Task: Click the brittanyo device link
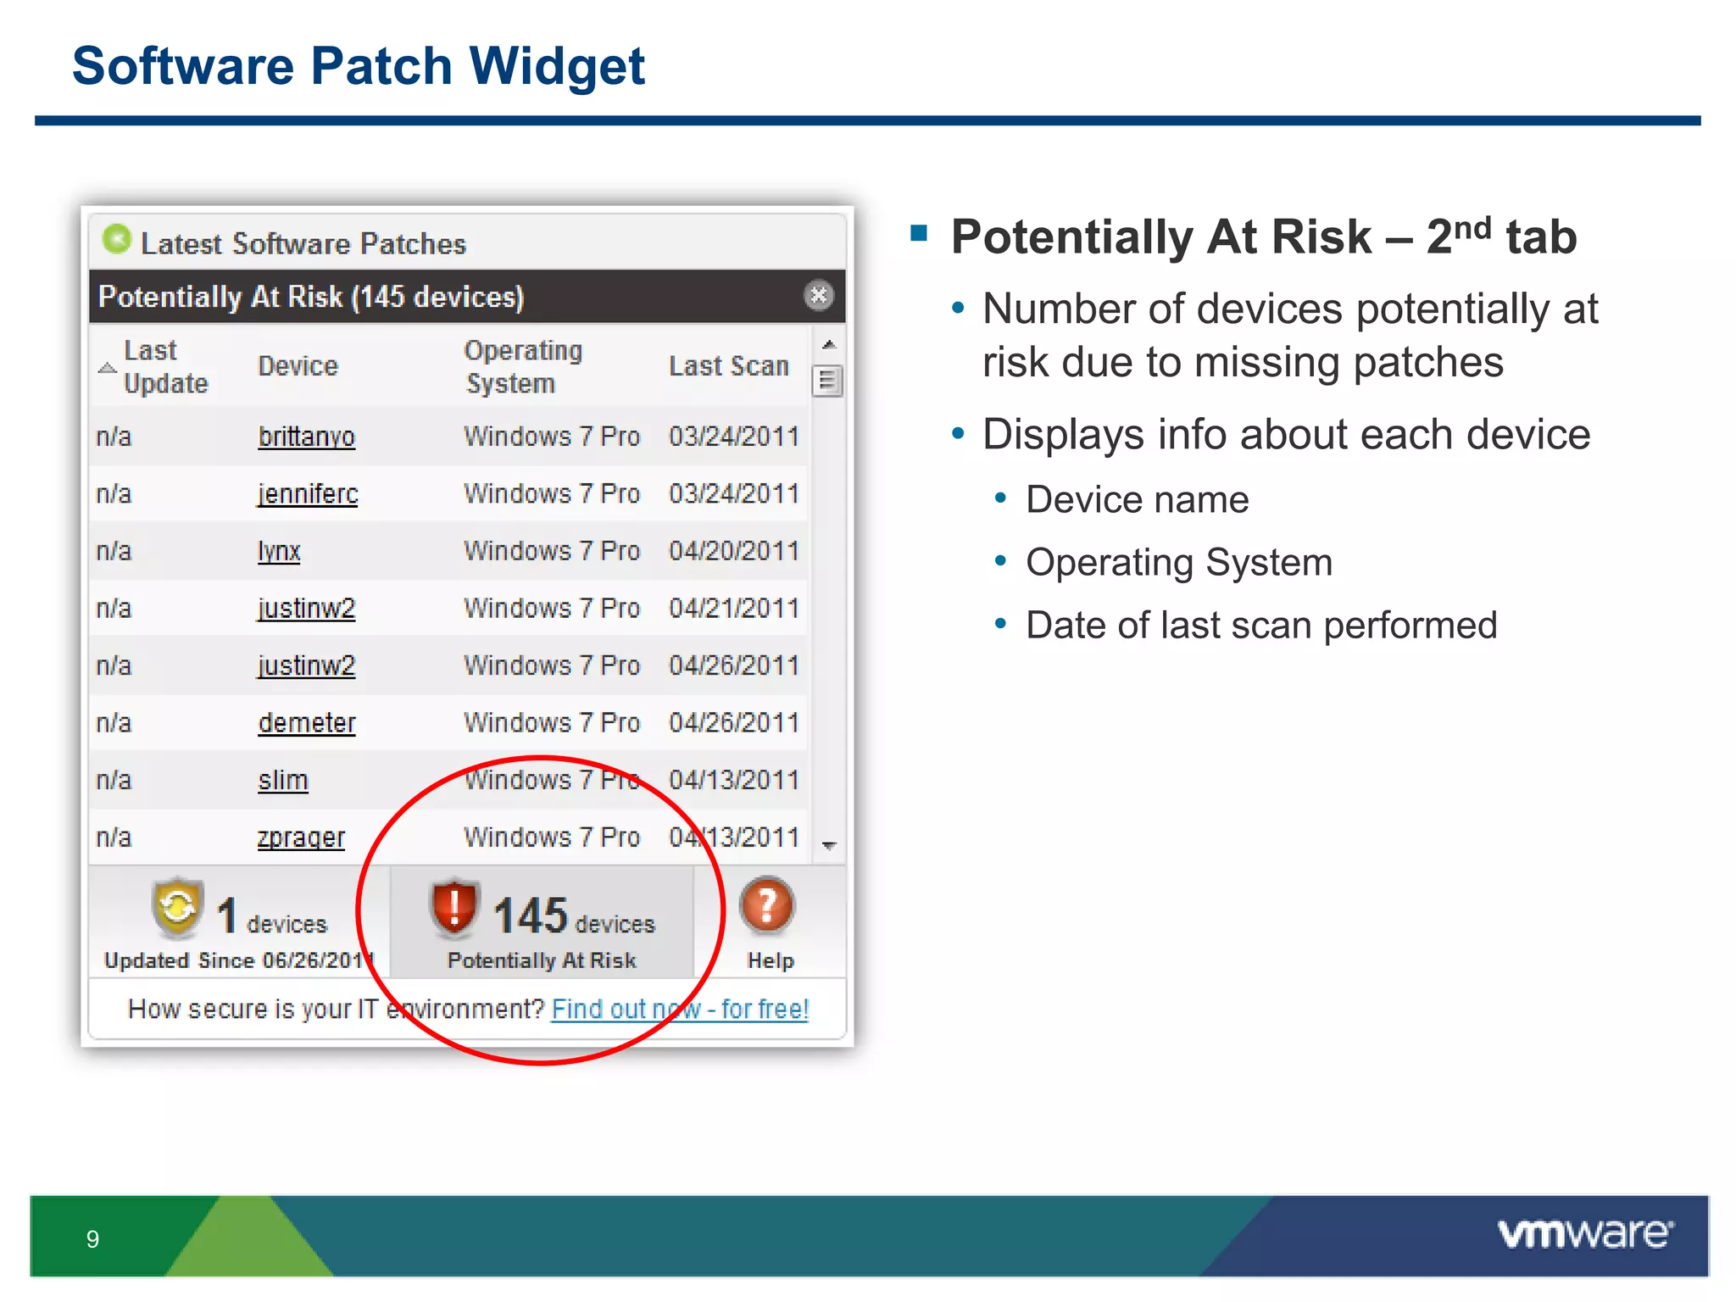(x=306, y=437)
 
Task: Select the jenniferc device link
(x=308, y=493)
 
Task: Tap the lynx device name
(x=279, y=551)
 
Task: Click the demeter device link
(x=307, y=723)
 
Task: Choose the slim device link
(x=283, y=780)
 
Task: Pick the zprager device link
(x=301, y=837)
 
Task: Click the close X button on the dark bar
(x=818, y=296)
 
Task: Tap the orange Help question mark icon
(x=767, y=906)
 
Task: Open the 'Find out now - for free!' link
(x=680, y=1009)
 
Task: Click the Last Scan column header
(x=729, y=366)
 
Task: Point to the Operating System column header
(x=523, y=366)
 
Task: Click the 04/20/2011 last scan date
(x=734, y=551)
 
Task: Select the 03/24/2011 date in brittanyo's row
(x=734, y=437)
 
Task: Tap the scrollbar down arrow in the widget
(x=829, y=845)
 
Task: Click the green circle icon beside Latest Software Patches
(x=117, y=240)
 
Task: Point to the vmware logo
(x=1585, y=1234)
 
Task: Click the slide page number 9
(x=92, y=1239)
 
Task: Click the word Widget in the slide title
(x=557, y=66)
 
